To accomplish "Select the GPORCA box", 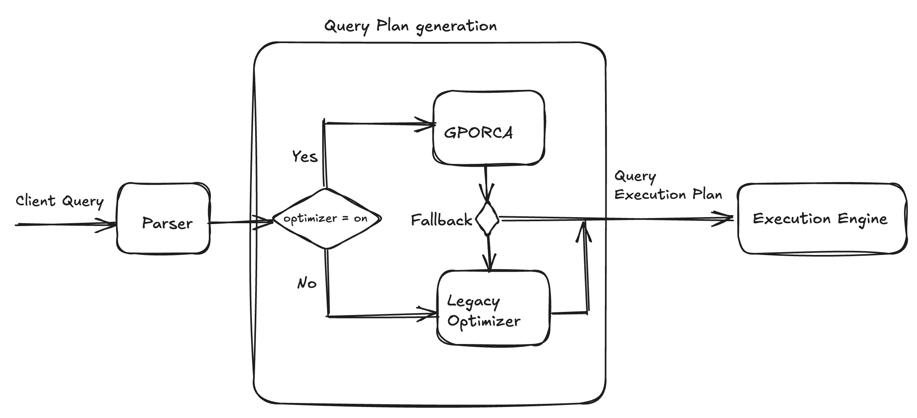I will [x=488, y=128].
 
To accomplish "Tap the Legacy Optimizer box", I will [x=493, y=308].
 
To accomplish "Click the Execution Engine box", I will [x=822, y=219].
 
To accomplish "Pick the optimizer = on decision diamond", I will [x=326, y=219].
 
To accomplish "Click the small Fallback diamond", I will [x=487, y=219].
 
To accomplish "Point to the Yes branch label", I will [x=305, y=157].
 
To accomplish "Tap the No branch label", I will [x=307, y=283].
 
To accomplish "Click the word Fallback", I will [x=441, y=220].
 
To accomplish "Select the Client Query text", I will [x=60, y=201].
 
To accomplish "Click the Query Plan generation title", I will [x=410, y=26].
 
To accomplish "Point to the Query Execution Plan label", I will [x=668, y=186].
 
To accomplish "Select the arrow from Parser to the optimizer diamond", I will [x=240, y=222].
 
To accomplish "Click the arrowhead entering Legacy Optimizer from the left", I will [x=431, y=314].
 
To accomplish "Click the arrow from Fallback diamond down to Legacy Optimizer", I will [x=489, y=252].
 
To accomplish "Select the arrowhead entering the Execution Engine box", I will [x=725, y=219].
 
